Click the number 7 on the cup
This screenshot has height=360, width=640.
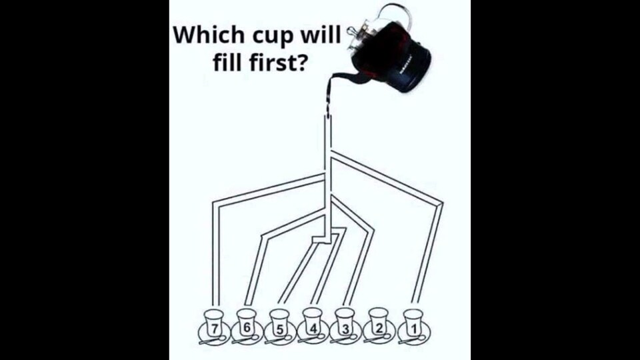(214, 328)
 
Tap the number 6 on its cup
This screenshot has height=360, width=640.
(246, 327)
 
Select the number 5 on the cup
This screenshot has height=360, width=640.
(279, 329)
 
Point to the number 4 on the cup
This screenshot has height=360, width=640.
(313, 329)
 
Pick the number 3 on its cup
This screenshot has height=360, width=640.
(345, 329)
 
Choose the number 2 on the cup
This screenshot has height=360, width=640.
(379, 328)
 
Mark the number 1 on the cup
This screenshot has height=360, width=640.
(413, 328)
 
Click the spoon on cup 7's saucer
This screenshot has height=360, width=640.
(212, 339)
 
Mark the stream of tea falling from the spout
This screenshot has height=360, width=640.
(328, 98)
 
